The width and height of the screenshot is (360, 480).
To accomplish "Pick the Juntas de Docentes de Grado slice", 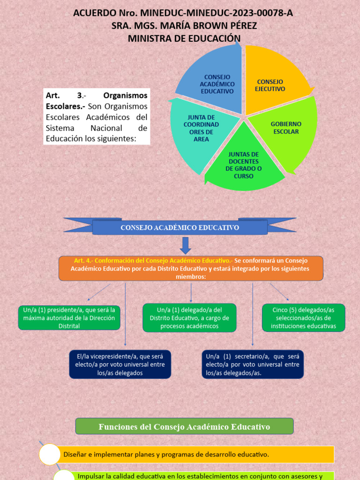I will tap(244, 164).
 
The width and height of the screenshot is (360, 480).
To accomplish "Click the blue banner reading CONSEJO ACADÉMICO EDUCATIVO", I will tap(180, 227).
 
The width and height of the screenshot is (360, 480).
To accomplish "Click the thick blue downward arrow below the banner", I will tap(186, 245).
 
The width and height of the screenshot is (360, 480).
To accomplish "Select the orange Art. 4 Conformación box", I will tap(191, 268).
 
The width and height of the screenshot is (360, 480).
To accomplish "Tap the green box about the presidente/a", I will tap(69, 317).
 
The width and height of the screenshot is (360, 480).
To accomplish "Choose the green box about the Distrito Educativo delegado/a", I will tap(189, 317).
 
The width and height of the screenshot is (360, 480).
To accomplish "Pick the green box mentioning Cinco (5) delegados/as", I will tap(303, 317).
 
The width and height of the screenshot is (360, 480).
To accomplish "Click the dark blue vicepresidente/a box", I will tap(120, 364).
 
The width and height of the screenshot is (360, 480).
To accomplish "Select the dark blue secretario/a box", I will tap(253, 364).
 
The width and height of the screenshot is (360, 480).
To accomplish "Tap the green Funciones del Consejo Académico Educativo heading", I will tap(184, 427).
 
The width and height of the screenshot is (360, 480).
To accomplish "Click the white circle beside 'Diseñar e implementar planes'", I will tap(50, 454).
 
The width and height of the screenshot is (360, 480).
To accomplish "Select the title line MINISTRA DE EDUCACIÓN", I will tap(184, 38).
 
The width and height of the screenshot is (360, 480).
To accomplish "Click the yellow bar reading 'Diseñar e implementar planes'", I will tap(197, 454).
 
